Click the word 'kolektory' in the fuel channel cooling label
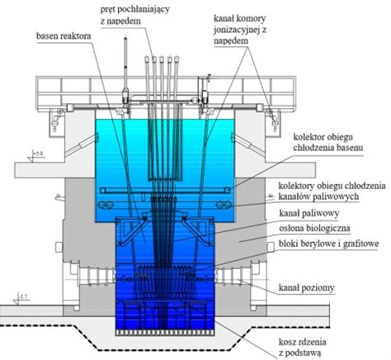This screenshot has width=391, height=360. coord(299,186)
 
